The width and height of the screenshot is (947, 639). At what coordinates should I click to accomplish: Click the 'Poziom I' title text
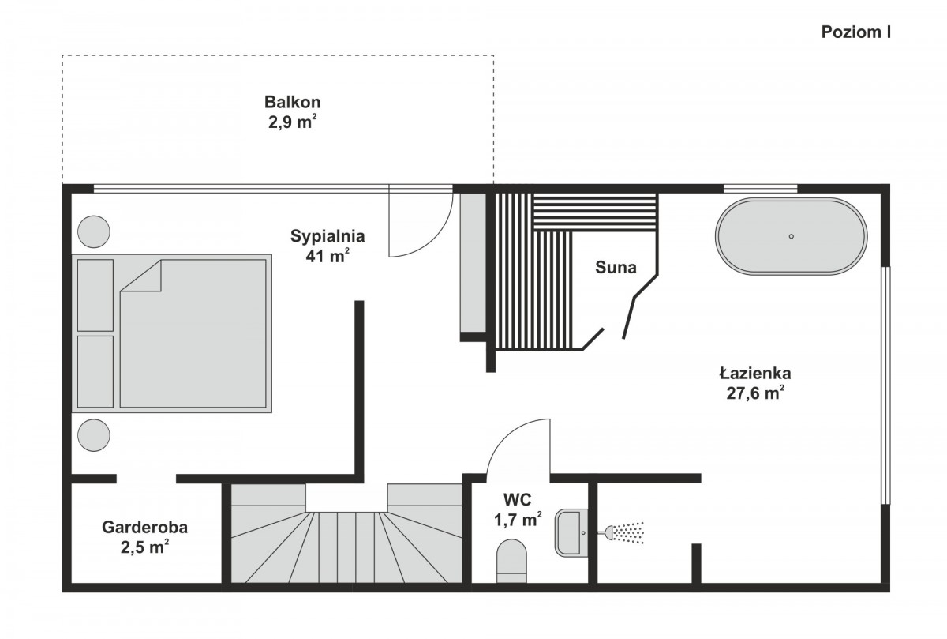[856, 32]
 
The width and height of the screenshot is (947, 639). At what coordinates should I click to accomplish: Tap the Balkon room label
[293, 102]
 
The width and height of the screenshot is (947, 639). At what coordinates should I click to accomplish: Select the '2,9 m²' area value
[293, 122]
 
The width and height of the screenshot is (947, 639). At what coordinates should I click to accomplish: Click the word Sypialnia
[328, 236]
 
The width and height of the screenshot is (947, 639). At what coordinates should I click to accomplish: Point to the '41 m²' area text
[328, 256]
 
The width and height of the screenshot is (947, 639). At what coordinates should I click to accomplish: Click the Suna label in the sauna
[616, 268]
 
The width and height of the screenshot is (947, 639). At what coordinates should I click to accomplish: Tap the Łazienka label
[755, 374]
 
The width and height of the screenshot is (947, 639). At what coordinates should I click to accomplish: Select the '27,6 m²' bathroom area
[755, 393]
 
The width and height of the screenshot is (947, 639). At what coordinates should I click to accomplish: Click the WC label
[518, 500]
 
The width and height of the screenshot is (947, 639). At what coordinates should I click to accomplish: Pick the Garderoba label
[145, 528]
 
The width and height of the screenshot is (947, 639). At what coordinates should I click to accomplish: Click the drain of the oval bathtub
[792, 236]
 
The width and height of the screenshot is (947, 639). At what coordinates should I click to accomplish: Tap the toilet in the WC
[511, 561]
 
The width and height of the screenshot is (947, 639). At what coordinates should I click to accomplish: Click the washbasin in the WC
[571, 532]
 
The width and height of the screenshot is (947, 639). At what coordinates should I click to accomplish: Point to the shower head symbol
[622, 533]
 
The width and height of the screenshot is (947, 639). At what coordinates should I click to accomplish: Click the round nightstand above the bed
[94, 231]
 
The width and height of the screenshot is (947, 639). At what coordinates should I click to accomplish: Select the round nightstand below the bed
[94, 435]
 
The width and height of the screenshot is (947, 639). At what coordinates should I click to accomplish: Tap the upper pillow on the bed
[95, 295]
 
